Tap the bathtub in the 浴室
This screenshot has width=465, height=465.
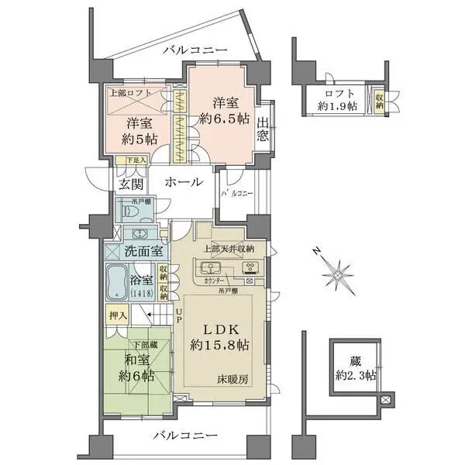coord(119,282)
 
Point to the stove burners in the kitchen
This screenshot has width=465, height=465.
coord(250,269)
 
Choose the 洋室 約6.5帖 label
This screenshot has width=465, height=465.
coord(222,109)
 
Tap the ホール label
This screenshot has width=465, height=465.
coord(184,183)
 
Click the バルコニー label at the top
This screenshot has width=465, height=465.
coord(195,50)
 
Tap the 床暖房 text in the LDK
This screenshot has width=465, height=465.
coord(232,381)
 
